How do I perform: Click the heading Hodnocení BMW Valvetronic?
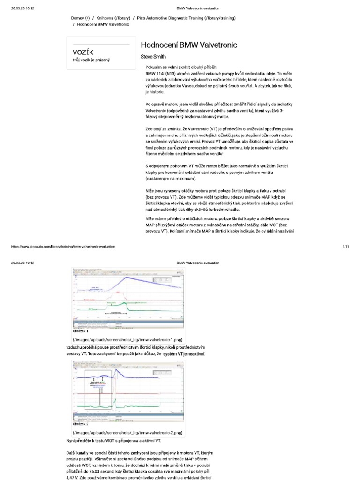[x=189, y=45]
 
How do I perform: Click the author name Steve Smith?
[x=154, y=57]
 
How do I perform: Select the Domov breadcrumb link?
[x=80, y=18]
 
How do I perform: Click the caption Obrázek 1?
[x=80, y=331]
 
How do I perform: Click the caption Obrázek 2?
[x=80, y=424]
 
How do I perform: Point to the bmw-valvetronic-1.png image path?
[x=127, y=338]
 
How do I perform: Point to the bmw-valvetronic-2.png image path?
[x=127, y=432]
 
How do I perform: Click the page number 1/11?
[x=346, y=246]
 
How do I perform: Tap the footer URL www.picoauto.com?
[x=62, y=246]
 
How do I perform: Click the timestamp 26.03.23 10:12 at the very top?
[x=22, y=8]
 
